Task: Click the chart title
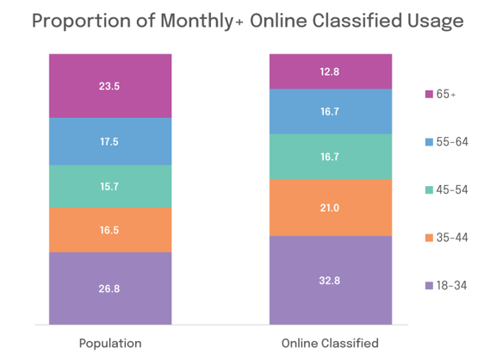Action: (x=248, y=22)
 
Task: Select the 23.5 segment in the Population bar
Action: (x=110, y=85)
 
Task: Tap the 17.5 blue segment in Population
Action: (x=110, y=141)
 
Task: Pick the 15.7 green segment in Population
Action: (x=110, y=186)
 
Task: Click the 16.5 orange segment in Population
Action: (x=110, y=230)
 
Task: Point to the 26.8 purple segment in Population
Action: (x=110, y=289)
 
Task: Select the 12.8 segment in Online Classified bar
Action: (x=330, y=71)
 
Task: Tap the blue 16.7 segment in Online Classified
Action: (x=330, y=111)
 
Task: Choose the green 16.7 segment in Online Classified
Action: (x=330, y=157)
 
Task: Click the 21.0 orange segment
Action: (x=330, y=207)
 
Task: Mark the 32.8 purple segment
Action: (x=330, y=280)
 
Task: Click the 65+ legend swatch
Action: (x=428, y=93)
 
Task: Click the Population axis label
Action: (x=110, y=343)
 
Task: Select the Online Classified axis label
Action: (x=330, y=343)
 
